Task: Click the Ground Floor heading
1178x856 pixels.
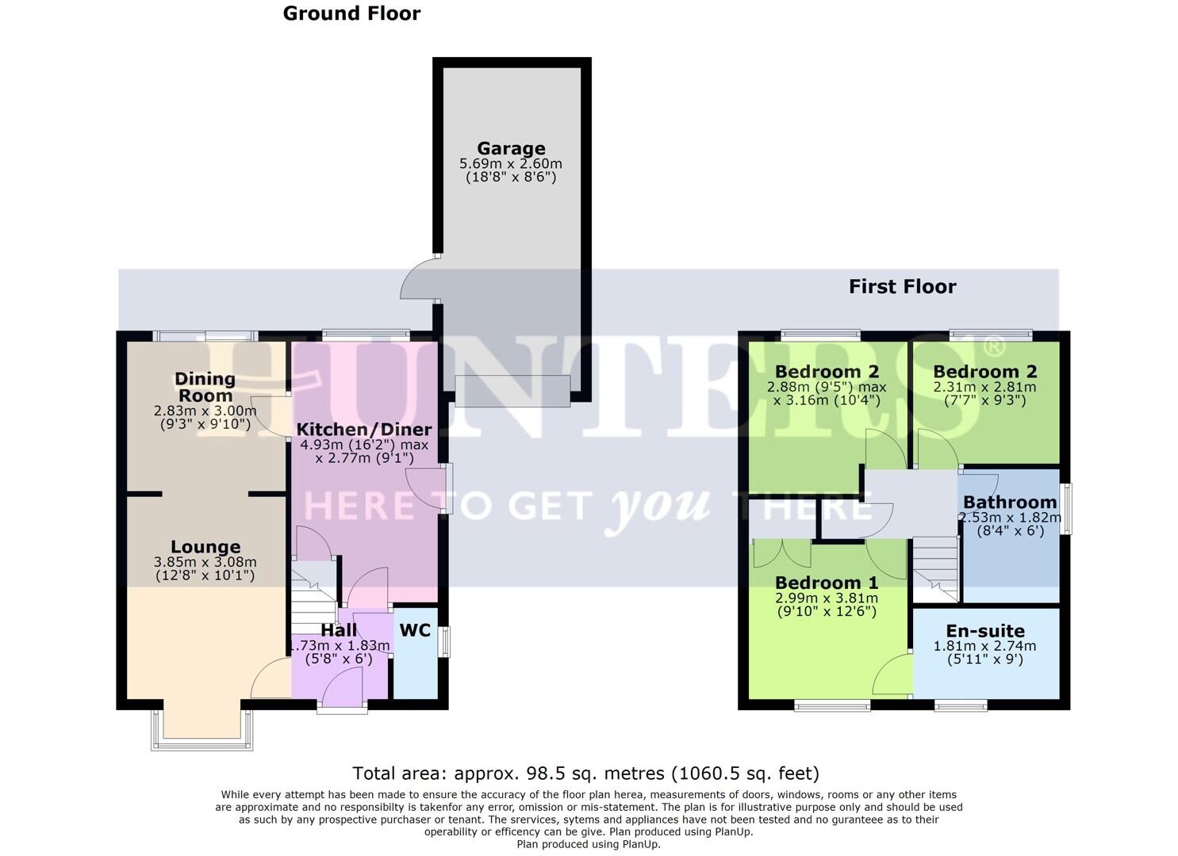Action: coord(351,13)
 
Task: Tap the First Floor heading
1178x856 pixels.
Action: coord(902,286)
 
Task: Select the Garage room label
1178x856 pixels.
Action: coord(511,148)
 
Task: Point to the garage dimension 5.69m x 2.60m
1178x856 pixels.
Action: coord(511,164)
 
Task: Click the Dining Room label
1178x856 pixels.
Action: coord(205,387)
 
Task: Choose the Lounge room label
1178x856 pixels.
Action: coord(205,547)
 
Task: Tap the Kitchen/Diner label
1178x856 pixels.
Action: coord(364,429)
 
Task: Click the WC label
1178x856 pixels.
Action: coord(415,630)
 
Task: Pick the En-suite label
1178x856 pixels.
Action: coord(985,631)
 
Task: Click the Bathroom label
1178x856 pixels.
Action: coord(1009,502)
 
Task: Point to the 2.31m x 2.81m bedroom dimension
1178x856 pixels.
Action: coord(984,388)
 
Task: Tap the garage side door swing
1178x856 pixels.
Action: coord(417,278)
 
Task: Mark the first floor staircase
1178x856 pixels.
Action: coord(936,567)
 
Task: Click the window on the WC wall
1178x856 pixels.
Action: coord(446,641)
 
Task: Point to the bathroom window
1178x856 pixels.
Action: coord(1068,508)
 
